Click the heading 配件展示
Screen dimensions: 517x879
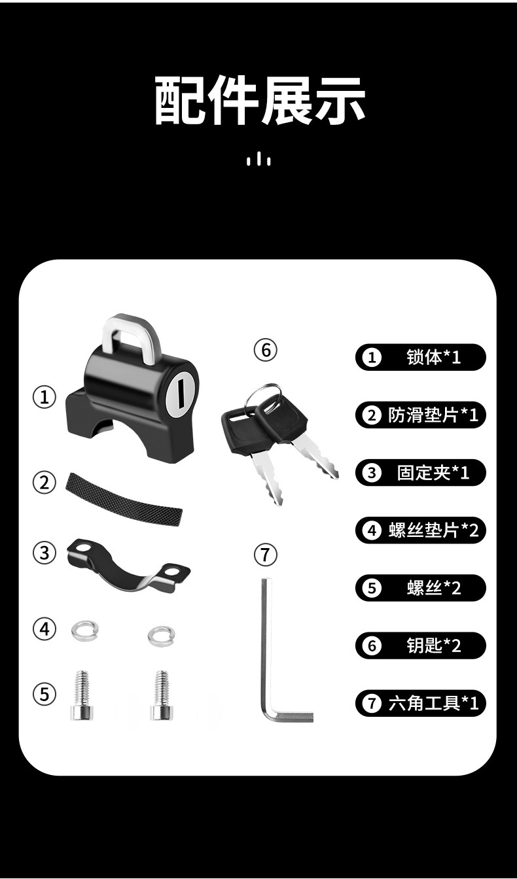260,101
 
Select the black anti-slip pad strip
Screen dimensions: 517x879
123,499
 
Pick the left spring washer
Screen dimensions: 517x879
85,630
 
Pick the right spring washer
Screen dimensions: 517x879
162,636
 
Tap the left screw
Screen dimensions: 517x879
82,695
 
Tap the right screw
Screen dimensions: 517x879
162,695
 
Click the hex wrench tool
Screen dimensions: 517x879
266,647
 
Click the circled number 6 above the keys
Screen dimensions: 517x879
265,350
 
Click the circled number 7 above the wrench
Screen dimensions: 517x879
265,555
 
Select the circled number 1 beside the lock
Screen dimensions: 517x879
44,397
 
